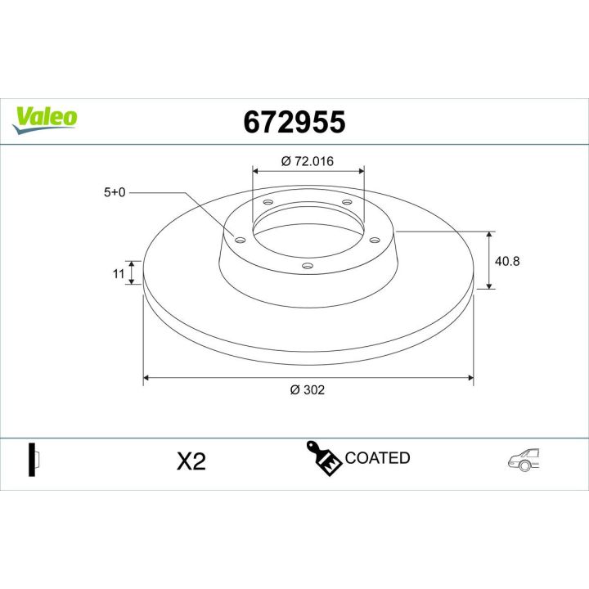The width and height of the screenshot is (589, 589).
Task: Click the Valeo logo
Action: [x=46, y=117]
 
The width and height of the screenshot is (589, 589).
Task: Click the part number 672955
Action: [x=294, y=122]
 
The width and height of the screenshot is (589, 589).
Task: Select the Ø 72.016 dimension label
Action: [x=308, y=161]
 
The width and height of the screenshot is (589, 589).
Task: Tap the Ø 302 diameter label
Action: [x=308, y=390]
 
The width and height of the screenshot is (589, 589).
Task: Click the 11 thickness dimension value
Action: [x=117, y=274]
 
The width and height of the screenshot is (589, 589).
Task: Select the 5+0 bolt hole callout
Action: [x=114, y=193]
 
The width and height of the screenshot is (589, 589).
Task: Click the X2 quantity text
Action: [x=191, y=461]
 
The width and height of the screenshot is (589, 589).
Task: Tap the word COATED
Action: [x=377, y=458]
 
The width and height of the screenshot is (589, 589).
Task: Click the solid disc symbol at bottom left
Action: [x=32, y=460]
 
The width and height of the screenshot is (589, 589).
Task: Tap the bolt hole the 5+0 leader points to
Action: [x=240, y=240]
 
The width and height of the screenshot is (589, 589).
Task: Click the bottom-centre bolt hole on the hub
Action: [x=308, y=265]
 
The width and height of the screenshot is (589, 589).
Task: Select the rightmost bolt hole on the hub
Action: [x=375, y=240]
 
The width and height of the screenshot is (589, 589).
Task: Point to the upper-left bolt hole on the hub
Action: [x=268, y=202]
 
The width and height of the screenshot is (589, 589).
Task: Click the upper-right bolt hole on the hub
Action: [x=346, y=202]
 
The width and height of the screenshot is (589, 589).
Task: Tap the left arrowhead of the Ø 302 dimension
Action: [x=146, y=378]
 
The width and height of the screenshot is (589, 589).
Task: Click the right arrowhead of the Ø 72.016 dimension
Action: [x=361, y=171]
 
